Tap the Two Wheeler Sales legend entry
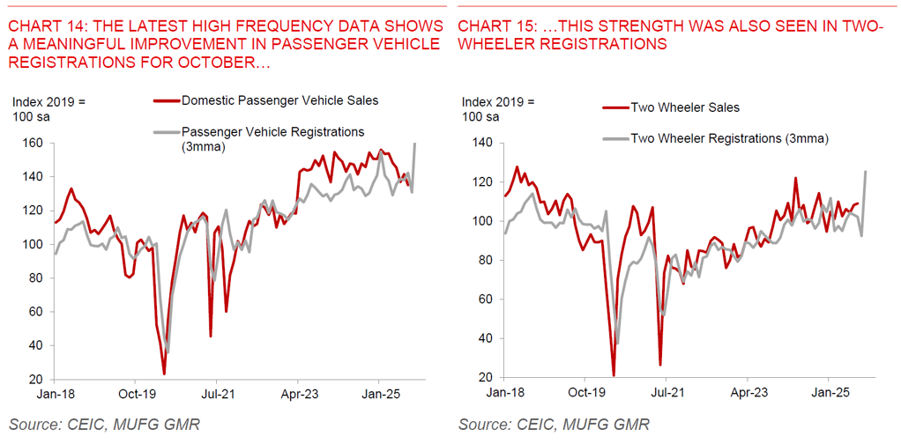coord(684,107)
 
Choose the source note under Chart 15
coord(554,425)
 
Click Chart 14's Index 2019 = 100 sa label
coord(48,108)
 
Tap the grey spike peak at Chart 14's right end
coord(415,144)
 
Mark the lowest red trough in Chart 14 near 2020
coord(164,374)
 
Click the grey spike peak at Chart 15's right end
coord(865,172)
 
